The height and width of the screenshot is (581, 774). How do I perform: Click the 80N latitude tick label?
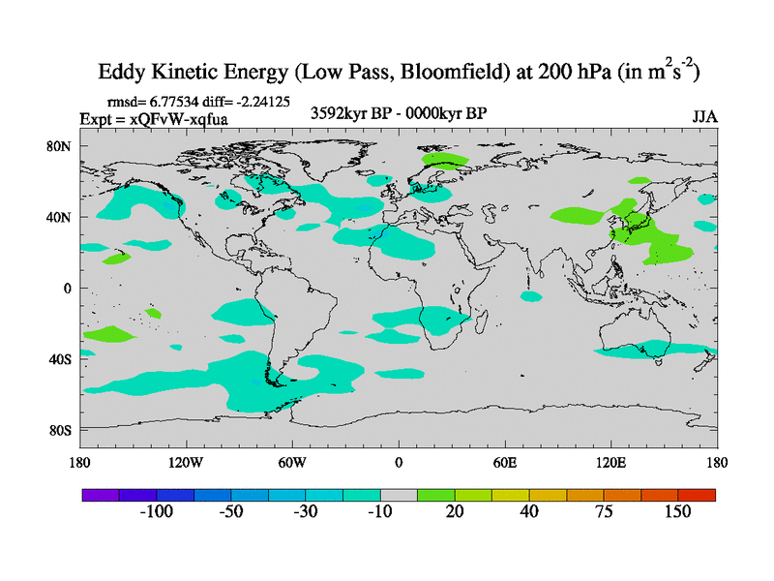(x=62, y=146)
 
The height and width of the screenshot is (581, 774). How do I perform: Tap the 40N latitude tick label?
(x=62, y=217)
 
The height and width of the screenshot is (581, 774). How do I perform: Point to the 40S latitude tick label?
(x=62, y=358)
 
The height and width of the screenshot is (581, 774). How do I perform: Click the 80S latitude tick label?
(x=62, y=429)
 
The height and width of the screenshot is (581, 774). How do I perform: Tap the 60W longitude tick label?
(x=292, y=461)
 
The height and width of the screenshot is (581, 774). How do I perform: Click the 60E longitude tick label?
(x=505, y=461)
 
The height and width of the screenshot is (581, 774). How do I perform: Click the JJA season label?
(x=703, y=116)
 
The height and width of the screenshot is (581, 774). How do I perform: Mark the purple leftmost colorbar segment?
(x=100, y=495)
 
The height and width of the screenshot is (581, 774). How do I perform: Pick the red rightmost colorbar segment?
(x=697, y=495)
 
